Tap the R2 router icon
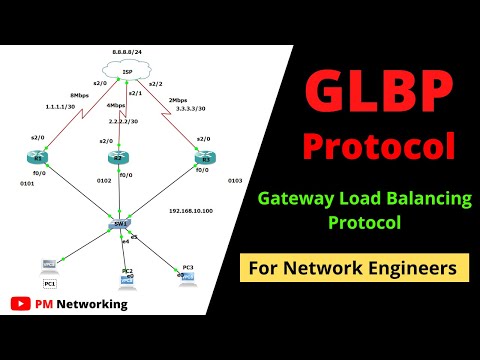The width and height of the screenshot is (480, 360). coord(121,158)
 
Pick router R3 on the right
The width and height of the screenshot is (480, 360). coord(204,158)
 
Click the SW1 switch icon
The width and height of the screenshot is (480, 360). coord(121,226)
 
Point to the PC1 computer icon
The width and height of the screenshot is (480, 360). coord(47,267)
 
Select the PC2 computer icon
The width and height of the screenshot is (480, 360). coord(127,278)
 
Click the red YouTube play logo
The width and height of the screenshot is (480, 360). coord(19,303)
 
